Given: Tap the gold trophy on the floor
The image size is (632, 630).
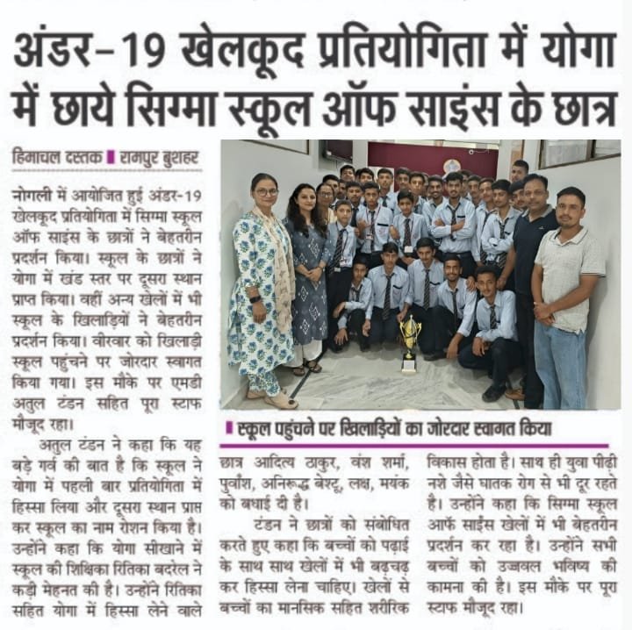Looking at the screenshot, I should point(411,341).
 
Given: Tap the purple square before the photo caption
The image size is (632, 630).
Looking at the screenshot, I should point(229,430).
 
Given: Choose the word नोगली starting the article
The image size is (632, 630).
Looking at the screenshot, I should point(32,190).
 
